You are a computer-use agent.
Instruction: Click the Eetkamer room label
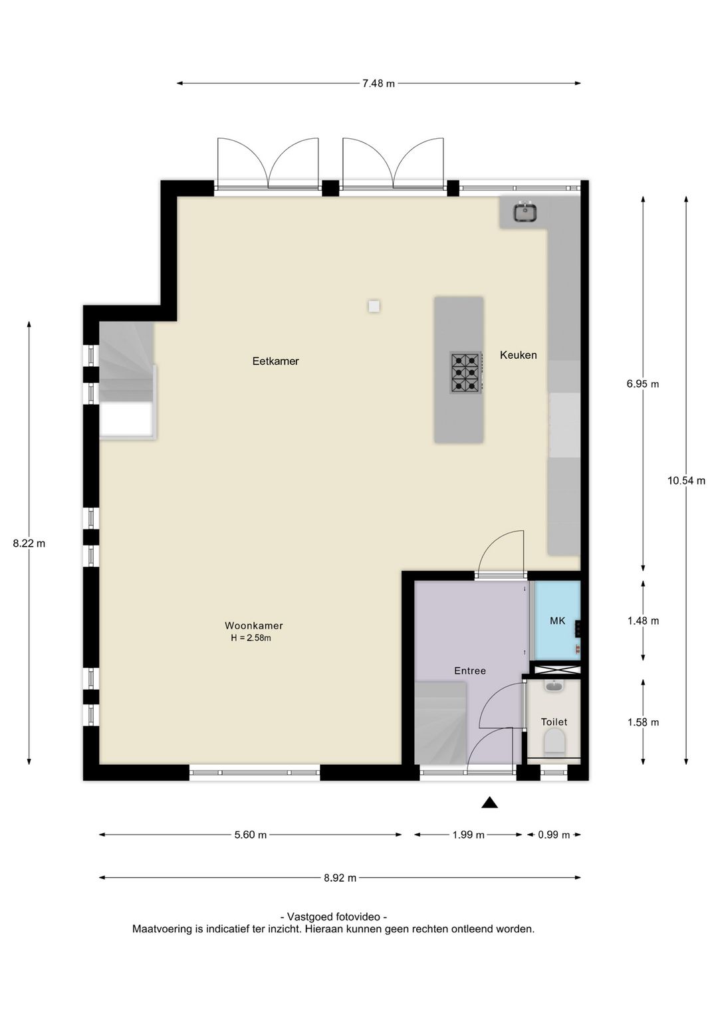pyautogui.click(x=275, y=361)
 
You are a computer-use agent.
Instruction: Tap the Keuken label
pyautogui.click(x=519, y=355)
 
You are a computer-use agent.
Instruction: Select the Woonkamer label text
pyautogui.click(x=254, y=625)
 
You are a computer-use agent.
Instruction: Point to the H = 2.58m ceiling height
pyautogui.click(x=251, y=639)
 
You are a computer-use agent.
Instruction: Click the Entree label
pyautogui.click(x=470, y=671)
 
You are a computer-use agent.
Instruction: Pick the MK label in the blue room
pyautogui.click(x=557, y=621)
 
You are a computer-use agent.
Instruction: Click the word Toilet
pyautogui.click(x=554, y=722)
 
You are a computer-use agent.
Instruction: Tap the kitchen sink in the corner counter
pyautogui.click(x=525, y=213)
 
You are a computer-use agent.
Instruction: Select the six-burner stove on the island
pyautogui.click(x=465, y=373)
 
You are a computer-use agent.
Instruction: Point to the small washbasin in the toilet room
pyautogui.click(x=554, y=686)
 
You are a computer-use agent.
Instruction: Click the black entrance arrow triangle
pyautogui.click(x=489, y=803)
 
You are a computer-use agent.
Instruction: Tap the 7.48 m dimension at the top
pyautogui.click(x=378, y=83)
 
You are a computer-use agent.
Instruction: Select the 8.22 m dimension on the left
pyautogui.click(x=29, y=544)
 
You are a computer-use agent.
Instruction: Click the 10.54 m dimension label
pyautogui.click(x=686, y=480)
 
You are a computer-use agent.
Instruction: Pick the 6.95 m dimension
pyautogui.click(x=643, y=384)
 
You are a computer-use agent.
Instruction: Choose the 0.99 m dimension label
pyautogui.click(x=554, y=835)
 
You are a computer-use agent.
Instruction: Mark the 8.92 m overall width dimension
pyautogui.click(x=340, y=878)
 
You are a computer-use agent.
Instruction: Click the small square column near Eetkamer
pyautogui.click(x=374, y=306)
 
